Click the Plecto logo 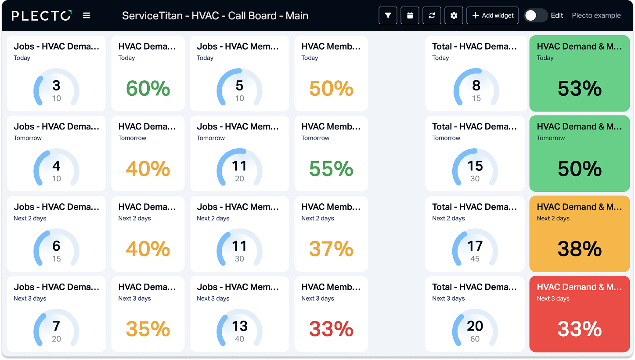click(41, 16)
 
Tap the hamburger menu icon click(87, 16)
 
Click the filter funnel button click(388, 16)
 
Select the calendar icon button click(410, 16)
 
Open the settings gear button click(454, 16)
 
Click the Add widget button click(492, 16)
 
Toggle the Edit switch click(535, 16)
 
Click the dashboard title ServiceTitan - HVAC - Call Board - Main click(215, 16)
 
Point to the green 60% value click(148, 88)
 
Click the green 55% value click(331, 169)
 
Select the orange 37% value click(331, 249)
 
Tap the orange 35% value click(148, 329)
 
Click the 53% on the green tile click(580, 88)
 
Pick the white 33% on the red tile click(580, 329)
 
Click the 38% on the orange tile click(580, 249)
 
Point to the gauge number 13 click(239, 326)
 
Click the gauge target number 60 click(475, 339)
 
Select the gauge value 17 click(475, 246)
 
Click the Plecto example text click(596, 16)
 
